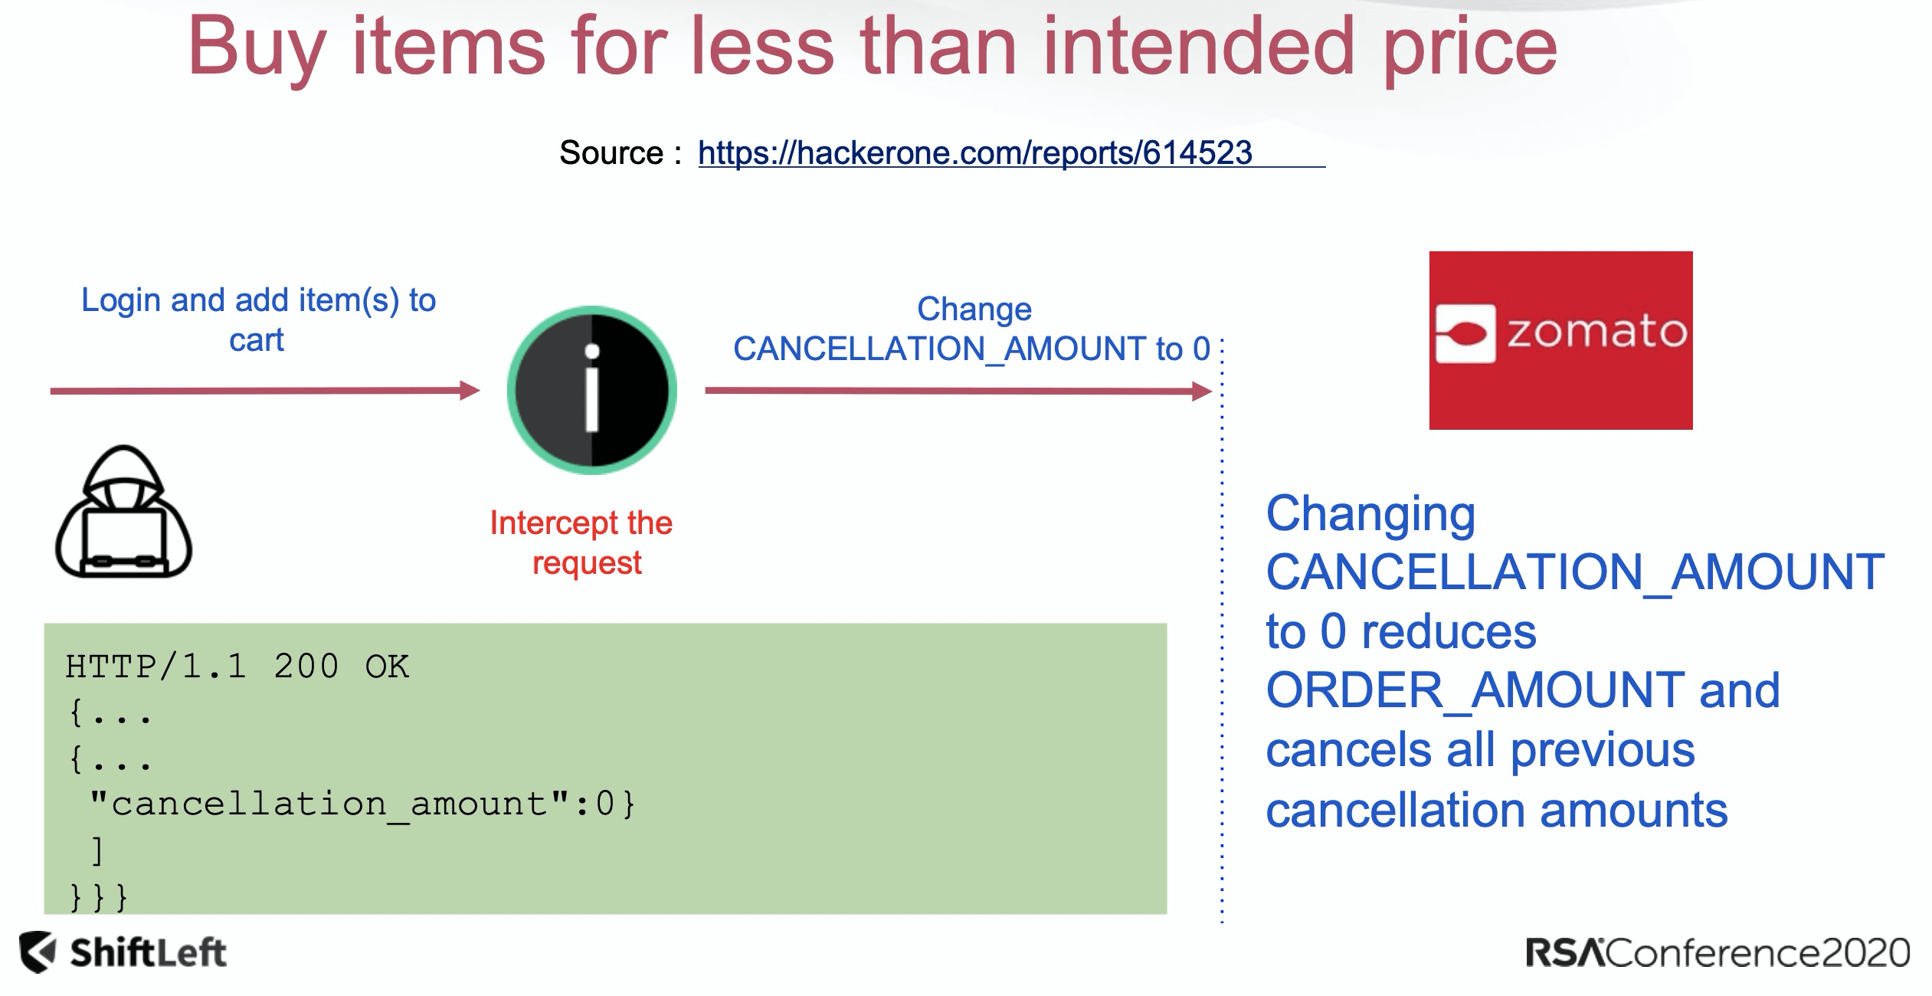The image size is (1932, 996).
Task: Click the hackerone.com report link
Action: (974, 152)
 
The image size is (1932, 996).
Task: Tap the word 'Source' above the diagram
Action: (611, 152)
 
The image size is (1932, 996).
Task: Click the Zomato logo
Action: (1560, 340)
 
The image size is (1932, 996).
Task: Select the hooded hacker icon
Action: (123, 511)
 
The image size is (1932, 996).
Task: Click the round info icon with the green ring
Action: (592, 390)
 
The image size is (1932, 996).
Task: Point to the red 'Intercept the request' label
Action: (581, 542)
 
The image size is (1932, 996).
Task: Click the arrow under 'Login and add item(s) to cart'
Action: (265, 391)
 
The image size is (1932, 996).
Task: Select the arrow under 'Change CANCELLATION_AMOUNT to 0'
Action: (958, 392)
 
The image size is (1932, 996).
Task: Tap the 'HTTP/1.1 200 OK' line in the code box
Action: (237, 667)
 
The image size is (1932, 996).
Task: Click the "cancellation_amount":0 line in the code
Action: (362, 804)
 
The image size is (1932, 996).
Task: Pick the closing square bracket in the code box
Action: (97, 850)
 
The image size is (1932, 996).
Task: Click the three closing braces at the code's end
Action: (98, 896)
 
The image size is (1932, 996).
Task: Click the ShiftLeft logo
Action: (123, 952)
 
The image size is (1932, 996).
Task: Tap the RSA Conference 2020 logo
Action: (1718, 953)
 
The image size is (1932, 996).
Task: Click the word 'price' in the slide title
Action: (1470, 47)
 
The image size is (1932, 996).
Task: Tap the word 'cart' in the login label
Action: (256, 339)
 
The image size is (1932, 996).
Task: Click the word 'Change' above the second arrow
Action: (974, 309)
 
